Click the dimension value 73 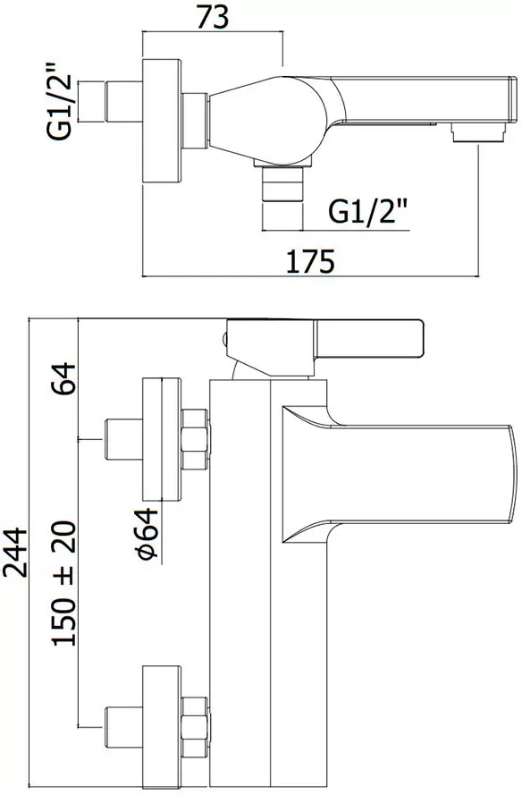coord(213,18)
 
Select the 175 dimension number coord(311,261)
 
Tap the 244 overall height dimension coord(15,552)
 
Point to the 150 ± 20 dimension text coord(64,582)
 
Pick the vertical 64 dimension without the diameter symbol coord(63,378)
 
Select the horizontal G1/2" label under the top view coord(368,211)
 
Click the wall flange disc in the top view coord(161,122)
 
